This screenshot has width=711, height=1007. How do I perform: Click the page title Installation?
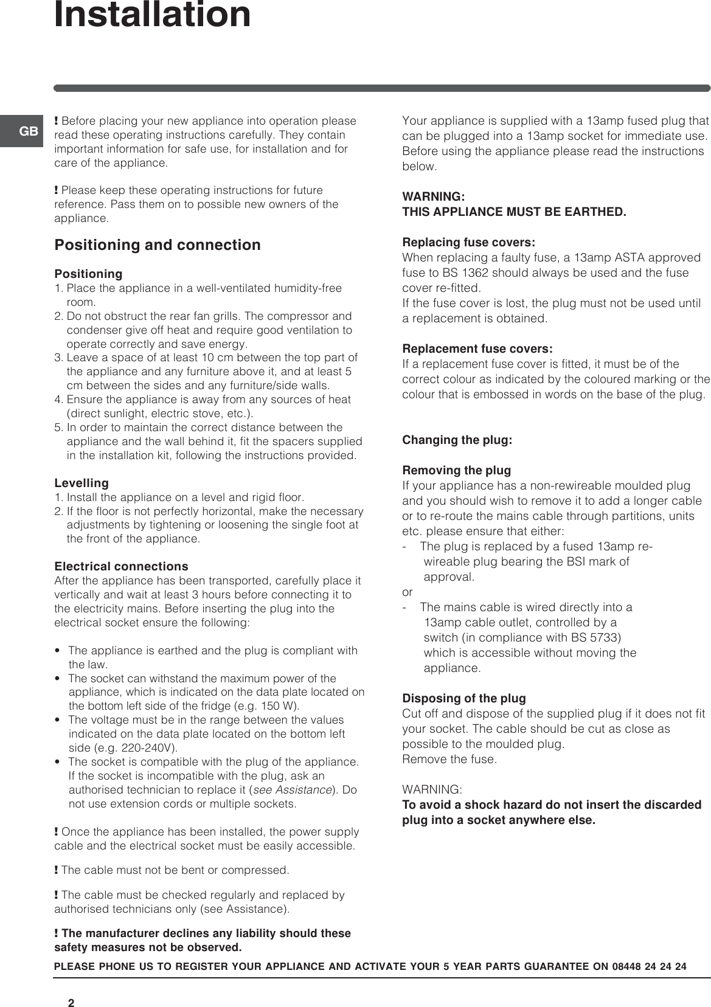coord(152,15)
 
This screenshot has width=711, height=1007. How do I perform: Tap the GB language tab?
coord(29,131)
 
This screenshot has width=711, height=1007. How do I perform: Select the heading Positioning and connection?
coord(158,245)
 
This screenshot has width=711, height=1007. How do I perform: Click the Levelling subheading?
coord(82,483)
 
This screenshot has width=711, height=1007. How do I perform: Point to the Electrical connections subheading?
coord(121,567)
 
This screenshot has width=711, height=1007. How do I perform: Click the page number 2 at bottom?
coord(71,986)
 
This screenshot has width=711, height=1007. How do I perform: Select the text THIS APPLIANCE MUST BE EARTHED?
coord(514,212)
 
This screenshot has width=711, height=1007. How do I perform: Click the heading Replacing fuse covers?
coord(469,243)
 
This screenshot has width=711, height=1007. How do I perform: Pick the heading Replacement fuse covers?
coord(477,349)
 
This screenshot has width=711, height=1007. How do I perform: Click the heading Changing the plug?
coord(457,440)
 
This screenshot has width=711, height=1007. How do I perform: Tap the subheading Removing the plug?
coord(456,471)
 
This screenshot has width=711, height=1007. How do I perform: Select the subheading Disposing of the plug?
coord(464,699)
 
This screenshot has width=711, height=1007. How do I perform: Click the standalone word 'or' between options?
coord(408,592)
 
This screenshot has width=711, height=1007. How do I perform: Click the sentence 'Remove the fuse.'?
coord(449,760)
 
